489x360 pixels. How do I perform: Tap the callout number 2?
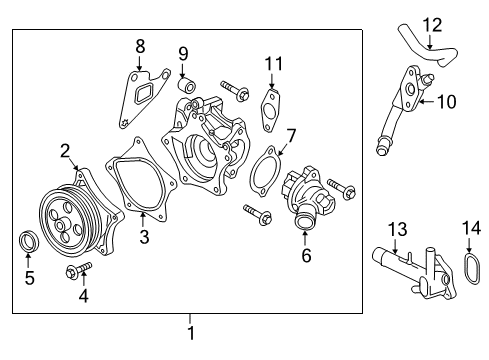[64, 151]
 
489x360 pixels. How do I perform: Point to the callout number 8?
[140, 45]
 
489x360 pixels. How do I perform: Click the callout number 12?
[431, 24]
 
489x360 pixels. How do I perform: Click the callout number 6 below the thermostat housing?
[306, 256]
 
